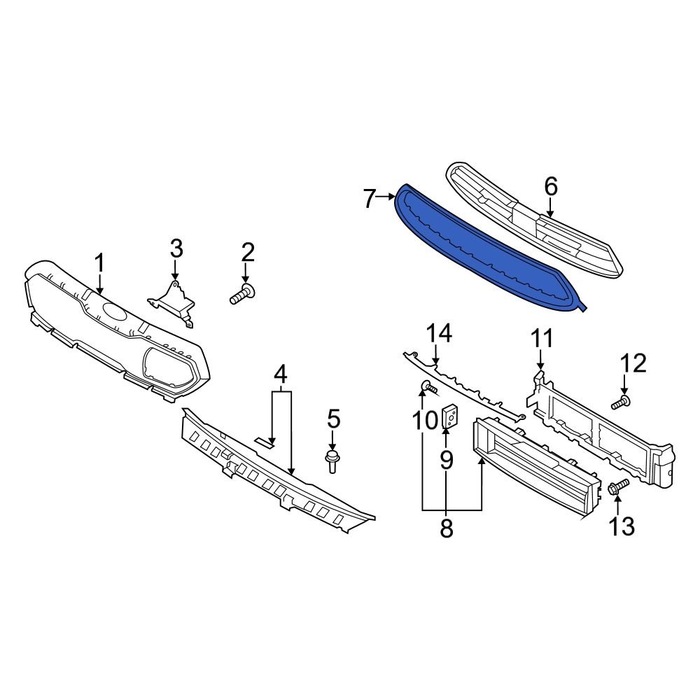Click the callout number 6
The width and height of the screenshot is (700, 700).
pyautogui.click(x=550, y=186)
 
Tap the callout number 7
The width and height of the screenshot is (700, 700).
pyautogui.click(x=370, y=199)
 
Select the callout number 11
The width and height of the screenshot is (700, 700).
pyautogui.click(x=541, y=339)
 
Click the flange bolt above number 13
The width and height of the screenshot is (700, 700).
pyautogui.click(x=619, y=487)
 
